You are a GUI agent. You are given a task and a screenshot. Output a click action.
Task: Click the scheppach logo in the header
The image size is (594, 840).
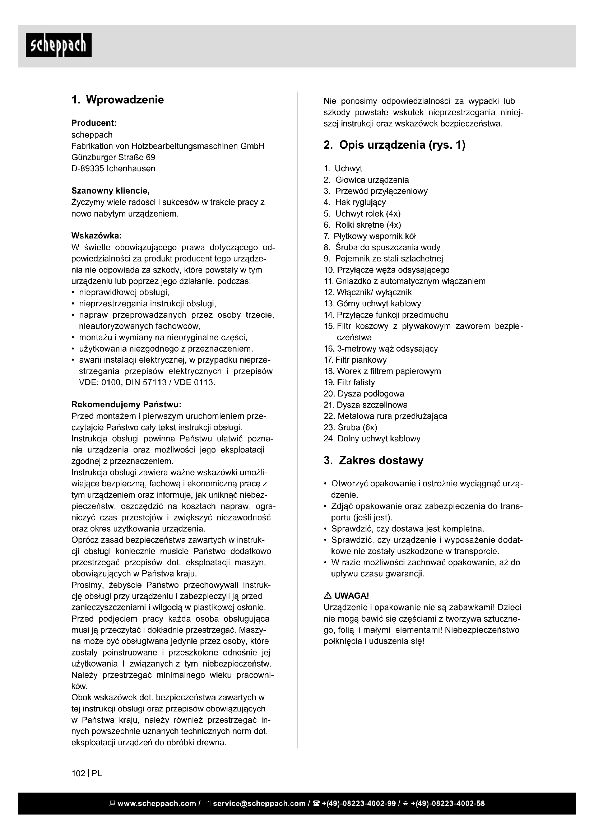pyautogui.click(x=59, y=45)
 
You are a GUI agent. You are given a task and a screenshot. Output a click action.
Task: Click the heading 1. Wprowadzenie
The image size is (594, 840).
pyautogui.click(x=117, y=100)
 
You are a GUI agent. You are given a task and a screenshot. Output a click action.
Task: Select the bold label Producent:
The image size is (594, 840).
pyautogui.click(x=94, y=123)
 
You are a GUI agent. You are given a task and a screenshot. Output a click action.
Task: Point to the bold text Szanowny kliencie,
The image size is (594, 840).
pyautogui.click(x=111, y=191)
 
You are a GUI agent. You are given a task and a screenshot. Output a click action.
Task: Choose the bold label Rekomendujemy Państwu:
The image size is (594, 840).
pyautogui.click(x=126, y=404)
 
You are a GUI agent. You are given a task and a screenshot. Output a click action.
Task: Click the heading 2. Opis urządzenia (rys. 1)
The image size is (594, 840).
pyautogui.click(x=394, y=145)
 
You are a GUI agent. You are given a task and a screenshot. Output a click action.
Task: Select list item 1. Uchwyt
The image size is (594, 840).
pyautogui.click(x=343, y=169)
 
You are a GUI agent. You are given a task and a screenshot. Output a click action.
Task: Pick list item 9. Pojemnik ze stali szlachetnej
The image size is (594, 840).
pyautogui.click(x=383, y=259)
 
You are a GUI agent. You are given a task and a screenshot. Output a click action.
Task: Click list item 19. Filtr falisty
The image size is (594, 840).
pyautogui.click(x=349, y=382)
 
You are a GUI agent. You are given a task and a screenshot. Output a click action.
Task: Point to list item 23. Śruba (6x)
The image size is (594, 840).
pyautogui.click(x=351, y=427)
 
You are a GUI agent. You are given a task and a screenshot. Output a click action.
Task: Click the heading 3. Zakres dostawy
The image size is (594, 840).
pyautogui.click(x=373, y=460)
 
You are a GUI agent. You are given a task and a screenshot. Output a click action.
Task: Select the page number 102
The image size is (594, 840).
pyautogui.click(x=78, y=774)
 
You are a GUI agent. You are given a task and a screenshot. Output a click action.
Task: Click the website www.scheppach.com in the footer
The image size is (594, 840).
pyautogui.click(x=157, y=803)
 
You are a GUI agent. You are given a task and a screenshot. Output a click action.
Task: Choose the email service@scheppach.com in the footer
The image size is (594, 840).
pyautogui.click(x=259, y=803)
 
